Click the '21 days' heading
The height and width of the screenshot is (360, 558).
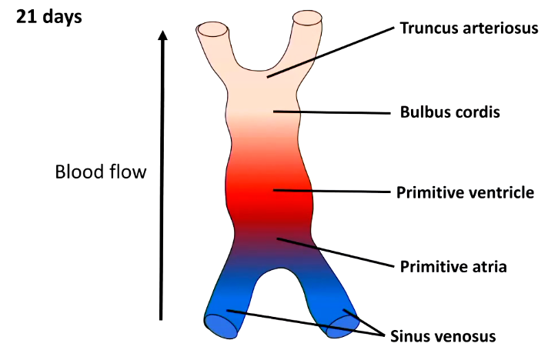[x=48, y=16]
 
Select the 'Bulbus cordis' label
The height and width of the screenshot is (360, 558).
[x=450, y=112]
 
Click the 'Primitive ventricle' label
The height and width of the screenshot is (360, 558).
[x=465, y=192]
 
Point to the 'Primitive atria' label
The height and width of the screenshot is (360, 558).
[x=453, y=267]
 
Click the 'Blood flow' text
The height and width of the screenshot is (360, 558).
[x=100, y=172]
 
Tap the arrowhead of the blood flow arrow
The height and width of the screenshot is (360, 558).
[x=162, y=36]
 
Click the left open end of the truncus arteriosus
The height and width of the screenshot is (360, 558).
[x=213, y=30]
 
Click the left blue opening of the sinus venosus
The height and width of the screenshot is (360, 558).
[x=221, y=326]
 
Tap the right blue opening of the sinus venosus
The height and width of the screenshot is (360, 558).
[x=343, y=324]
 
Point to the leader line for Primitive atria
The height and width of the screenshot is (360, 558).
[x=339, y=252]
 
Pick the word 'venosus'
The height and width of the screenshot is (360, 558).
[x=464, y=335]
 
